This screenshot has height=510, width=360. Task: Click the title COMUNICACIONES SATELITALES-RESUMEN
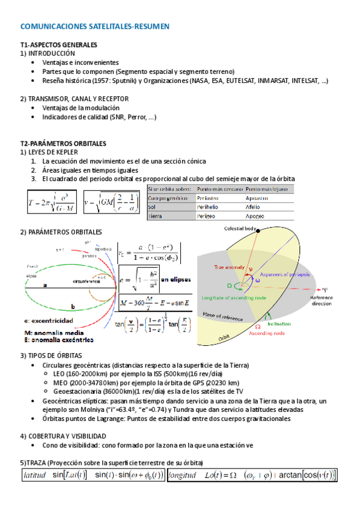[95, 26]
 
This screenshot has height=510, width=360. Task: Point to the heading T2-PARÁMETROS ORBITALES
[63, 144]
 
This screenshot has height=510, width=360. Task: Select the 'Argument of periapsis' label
[284, 274]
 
